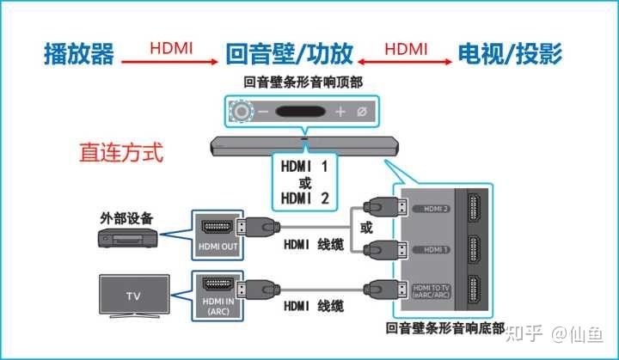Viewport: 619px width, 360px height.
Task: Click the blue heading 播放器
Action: point(79,55)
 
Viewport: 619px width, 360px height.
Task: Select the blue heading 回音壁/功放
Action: point(289,55)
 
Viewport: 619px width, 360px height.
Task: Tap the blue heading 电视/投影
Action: point(511,55)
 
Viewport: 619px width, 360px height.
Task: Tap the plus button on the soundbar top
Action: point(340,112)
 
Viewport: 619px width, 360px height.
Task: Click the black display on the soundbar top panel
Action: point(301,112)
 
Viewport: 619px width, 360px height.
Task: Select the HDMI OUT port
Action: point(216,228)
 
